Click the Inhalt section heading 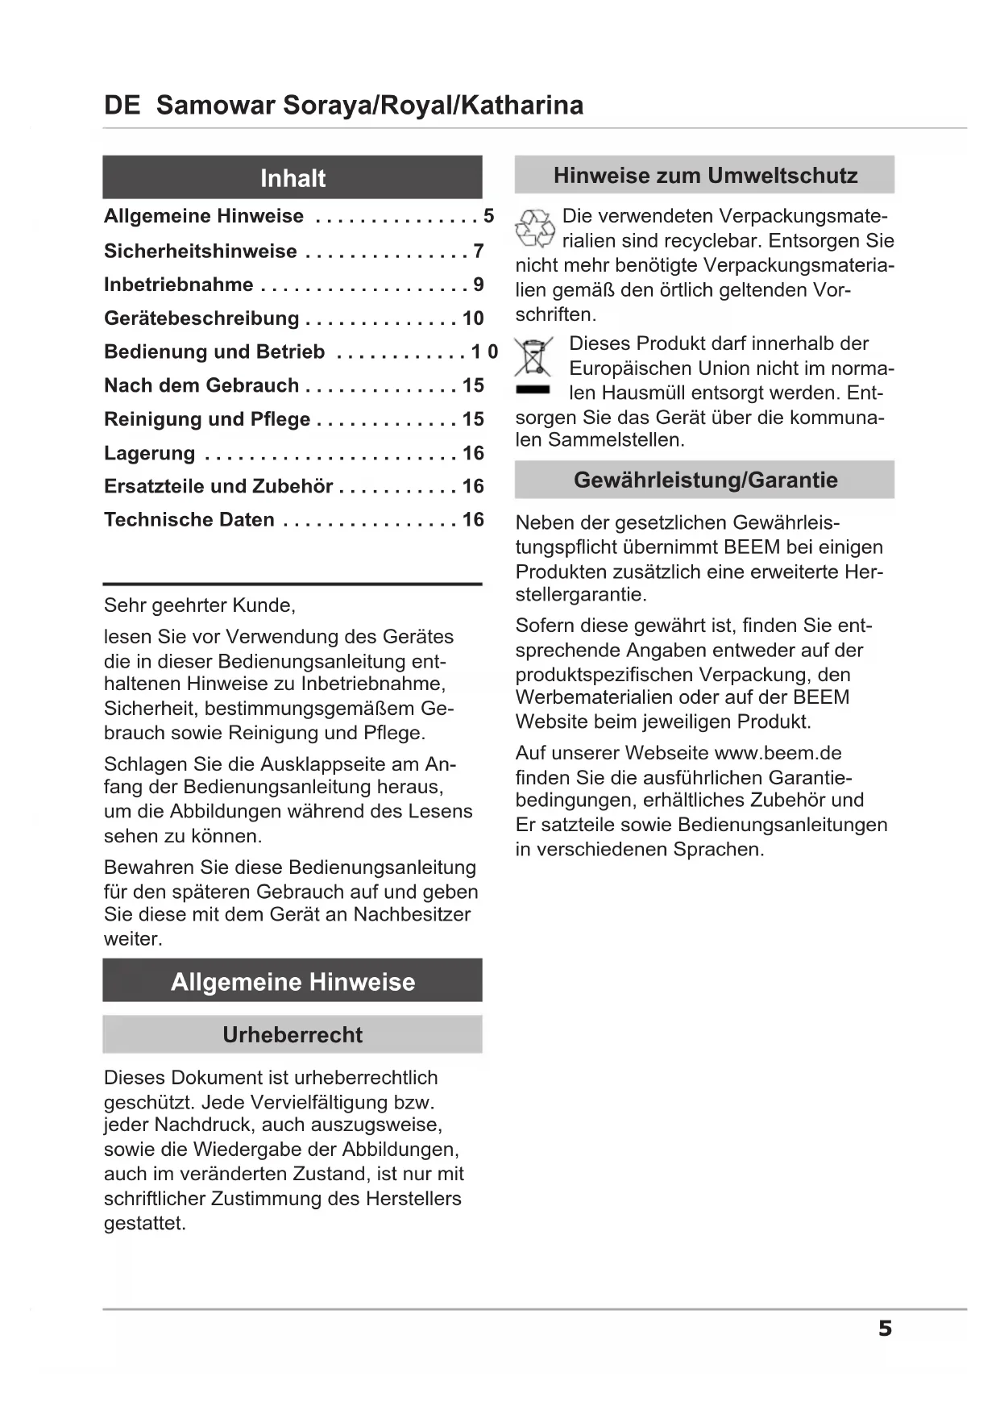293,178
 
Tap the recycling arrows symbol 535,228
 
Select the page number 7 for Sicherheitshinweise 479,251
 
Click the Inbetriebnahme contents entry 178,285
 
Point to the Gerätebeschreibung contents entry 201,318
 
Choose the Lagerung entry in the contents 150,453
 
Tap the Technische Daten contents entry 189,520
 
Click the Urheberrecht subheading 293,1034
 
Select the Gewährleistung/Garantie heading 705,480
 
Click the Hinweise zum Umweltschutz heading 705,176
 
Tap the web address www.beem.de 778,753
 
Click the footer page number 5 885,1329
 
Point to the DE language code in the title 122,106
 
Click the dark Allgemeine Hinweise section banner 293,982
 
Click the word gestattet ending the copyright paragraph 145,1223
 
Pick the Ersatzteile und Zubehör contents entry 218,486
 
